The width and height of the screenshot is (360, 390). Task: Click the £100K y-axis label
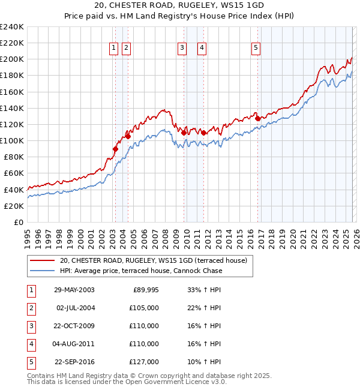click(x=11, y=140)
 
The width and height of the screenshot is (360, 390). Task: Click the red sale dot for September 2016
click(x=257, y=118)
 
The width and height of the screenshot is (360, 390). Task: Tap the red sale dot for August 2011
click(x=203, y=133)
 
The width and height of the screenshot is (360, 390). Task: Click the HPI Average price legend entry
click(x=141, y=271)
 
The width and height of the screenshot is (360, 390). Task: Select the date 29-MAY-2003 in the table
click(x=74, y=290)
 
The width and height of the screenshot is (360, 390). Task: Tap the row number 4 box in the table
click(x=31, y=344)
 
